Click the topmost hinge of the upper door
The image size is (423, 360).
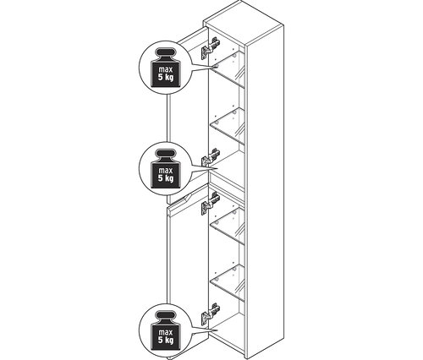(211, 48)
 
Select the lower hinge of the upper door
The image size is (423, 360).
(211, 159)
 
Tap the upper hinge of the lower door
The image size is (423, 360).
(211, 204)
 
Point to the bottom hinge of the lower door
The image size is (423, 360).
(211, 314)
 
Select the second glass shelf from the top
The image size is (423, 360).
(228, 126)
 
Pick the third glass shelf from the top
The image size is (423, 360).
(228, 226)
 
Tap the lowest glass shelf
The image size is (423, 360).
(228, 282)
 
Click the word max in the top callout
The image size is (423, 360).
(165, 69)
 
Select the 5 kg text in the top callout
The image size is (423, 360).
(166, 78)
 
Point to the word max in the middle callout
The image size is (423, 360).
(165, 171)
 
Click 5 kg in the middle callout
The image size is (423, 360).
(166, 178)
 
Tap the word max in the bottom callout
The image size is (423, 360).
(165, 332)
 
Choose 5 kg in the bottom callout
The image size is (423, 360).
(166, 341)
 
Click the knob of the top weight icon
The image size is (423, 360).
(166, 52)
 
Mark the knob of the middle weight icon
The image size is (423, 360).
(166, 154)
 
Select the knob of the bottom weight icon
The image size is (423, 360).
(166, 315)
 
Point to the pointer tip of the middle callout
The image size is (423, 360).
(217, 169)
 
